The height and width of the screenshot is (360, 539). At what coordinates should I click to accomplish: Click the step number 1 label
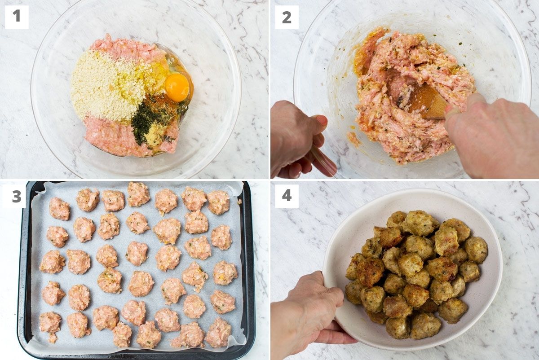coord(17,17)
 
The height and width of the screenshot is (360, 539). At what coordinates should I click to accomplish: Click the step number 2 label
coord(287,17)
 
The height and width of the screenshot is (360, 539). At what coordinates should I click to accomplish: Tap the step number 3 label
coord(17,196)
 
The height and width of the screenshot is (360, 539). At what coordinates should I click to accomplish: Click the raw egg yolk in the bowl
coord(177,87)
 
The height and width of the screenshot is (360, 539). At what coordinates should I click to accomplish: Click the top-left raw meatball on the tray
coord(59,209)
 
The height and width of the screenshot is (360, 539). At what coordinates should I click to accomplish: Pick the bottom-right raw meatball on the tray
coord(218,333)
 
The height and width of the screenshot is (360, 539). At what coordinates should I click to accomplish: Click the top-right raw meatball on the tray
coord(218,202)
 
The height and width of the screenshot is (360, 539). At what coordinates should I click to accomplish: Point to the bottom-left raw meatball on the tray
coord(50,323)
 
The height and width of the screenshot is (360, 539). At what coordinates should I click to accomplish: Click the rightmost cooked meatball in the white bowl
coord(476,250)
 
